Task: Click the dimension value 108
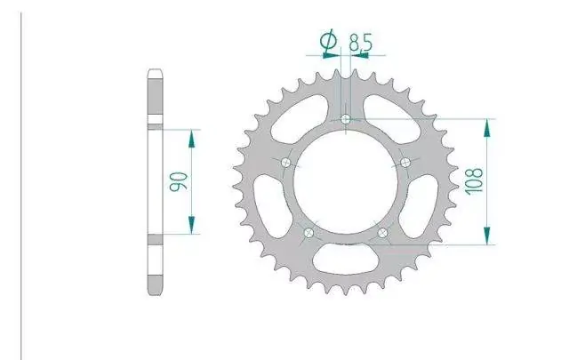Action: click(475, 180)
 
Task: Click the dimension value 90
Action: click(179, 181)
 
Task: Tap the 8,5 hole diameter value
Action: click(360, 43)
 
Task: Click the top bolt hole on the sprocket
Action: click(346, 119)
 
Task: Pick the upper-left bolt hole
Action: click(286, 163)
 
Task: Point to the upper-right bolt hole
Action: click(405, 162)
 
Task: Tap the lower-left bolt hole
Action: click(309, 232)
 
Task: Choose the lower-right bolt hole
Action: click(382, 232)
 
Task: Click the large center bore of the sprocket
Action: click(346, 181)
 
